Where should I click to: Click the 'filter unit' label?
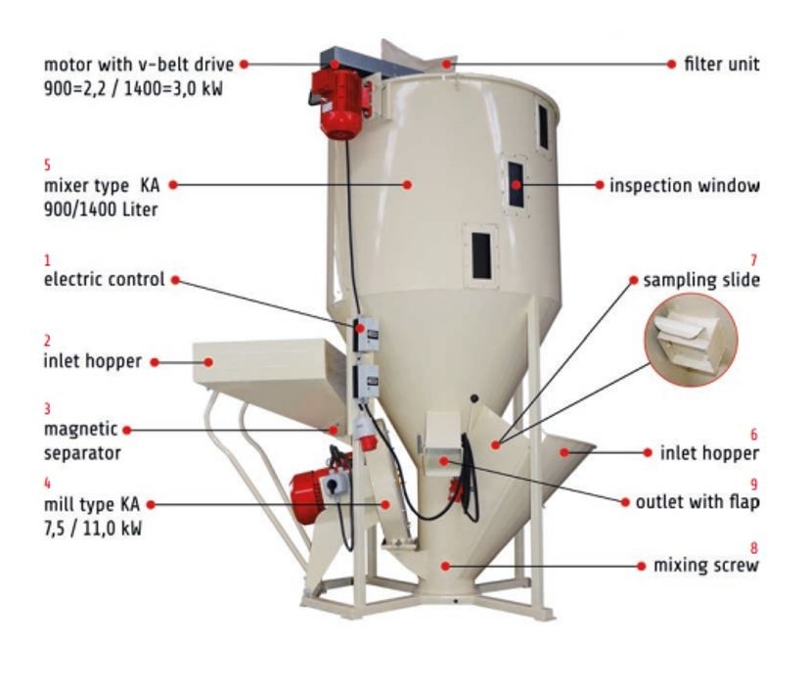722,64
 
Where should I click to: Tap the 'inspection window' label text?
684,185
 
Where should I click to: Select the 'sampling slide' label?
701,280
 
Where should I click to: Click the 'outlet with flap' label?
697,502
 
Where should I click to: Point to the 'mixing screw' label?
706,566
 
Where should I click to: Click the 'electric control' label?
105,279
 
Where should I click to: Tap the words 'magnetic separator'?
82,441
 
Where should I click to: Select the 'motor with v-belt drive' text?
139,65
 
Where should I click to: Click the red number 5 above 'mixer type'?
48,165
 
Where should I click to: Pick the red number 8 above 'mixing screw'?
754,548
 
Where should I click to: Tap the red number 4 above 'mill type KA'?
48,484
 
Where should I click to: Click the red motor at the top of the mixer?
340,105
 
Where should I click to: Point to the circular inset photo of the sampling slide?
691,340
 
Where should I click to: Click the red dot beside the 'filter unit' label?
671,64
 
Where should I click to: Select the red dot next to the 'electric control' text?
175,280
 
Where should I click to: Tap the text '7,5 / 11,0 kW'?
93,529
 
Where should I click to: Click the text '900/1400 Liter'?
101,209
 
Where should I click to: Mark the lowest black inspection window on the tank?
481,255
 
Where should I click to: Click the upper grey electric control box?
366,335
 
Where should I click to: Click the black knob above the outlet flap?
474,398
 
